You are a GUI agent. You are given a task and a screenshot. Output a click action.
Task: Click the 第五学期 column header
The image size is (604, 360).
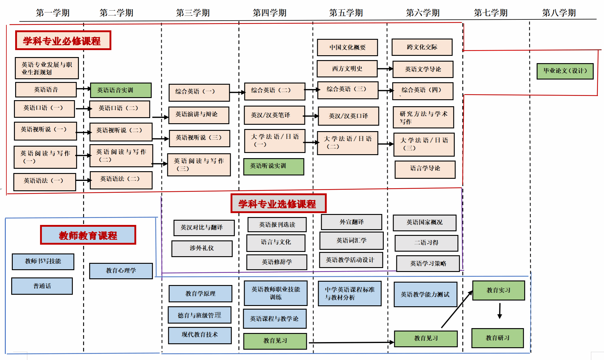[x=346, y=13]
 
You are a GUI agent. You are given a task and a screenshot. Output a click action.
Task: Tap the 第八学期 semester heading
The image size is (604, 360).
[x=559, y=13]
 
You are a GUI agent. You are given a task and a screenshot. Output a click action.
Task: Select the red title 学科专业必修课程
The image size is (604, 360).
[x=63, y=40]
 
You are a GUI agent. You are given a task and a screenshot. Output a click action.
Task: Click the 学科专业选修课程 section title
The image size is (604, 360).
[x=278, y=203]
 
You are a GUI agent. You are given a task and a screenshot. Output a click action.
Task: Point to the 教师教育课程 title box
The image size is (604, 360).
[x=88, y=235]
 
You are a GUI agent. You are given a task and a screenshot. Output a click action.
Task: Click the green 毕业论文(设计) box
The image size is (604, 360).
[x=565, y=71]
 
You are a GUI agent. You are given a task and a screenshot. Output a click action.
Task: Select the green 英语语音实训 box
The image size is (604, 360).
[x=120, y=90]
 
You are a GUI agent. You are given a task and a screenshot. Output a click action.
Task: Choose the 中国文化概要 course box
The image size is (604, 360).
[x=347, y=47]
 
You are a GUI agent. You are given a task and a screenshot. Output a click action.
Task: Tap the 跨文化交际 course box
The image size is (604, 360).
[x=422, y=47]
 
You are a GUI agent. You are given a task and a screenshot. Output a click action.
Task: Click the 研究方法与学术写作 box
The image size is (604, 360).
[x=423, y=117]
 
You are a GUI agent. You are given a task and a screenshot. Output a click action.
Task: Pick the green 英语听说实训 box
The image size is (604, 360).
[x=273, y=166]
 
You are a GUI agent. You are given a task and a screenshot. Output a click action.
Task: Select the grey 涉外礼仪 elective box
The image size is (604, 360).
[x=202, y=248]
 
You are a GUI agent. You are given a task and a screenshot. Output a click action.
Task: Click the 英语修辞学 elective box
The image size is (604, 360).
[x=277, y=262]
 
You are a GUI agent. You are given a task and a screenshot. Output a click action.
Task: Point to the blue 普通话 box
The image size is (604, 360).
[x=42, y=286]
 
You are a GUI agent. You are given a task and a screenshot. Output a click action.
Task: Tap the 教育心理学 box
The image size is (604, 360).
[x=121, y=270]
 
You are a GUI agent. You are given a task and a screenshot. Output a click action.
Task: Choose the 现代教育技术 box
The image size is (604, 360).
[x=200, y=335]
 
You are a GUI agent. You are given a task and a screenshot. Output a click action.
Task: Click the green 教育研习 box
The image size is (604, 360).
[x=497, y=338]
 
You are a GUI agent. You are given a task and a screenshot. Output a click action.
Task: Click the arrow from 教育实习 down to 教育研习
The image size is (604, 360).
[x=500, y=311]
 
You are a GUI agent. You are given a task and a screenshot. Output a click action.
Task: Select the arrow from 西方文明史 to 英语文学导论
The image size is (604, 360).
[x=385, y=69]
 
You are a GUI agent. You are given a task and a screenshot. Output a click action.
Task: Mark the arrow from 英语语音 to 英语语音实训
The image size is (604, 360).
[x=83, y=89]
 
